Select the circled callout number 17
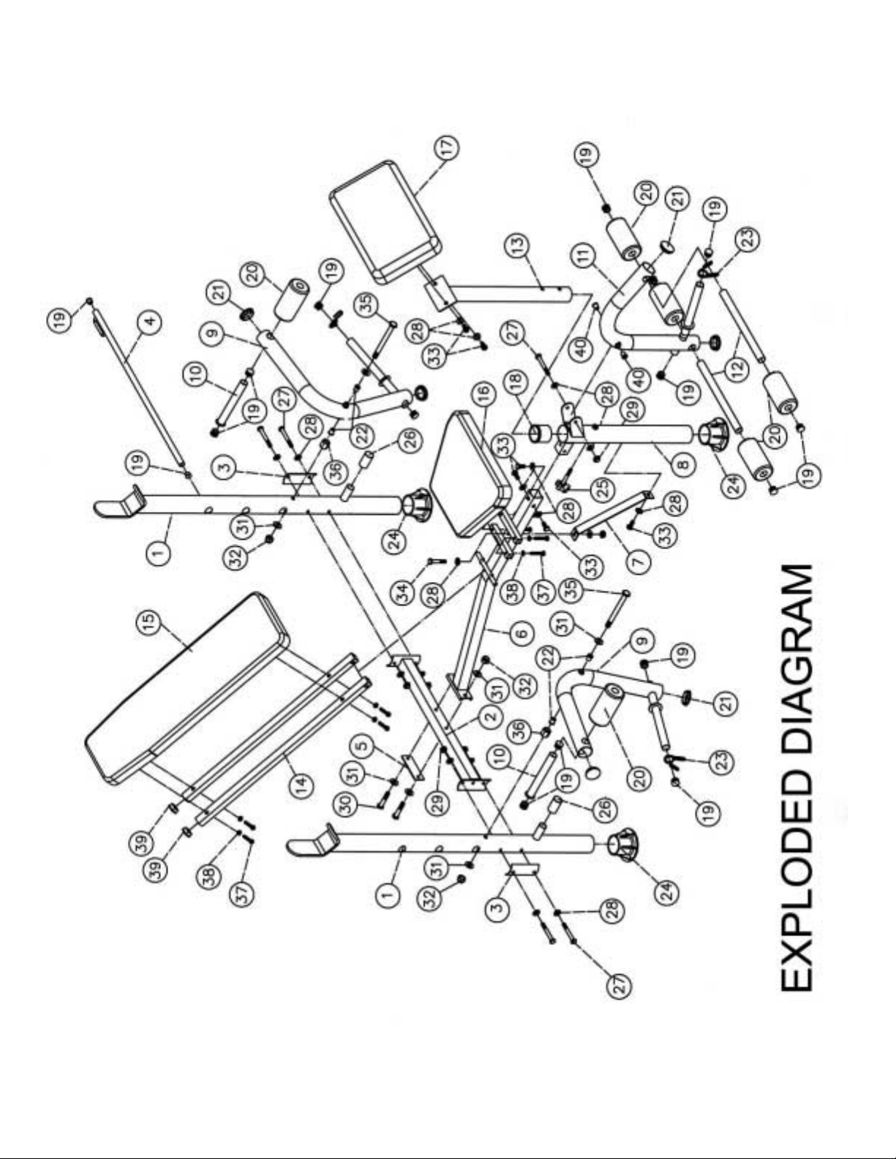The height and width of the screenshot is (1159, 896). click(448, 145)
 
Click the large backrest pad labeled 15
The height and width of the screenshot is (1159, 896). click(183, 687)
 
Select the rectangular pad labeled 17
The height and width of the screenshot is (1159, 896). click(384, 223)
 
